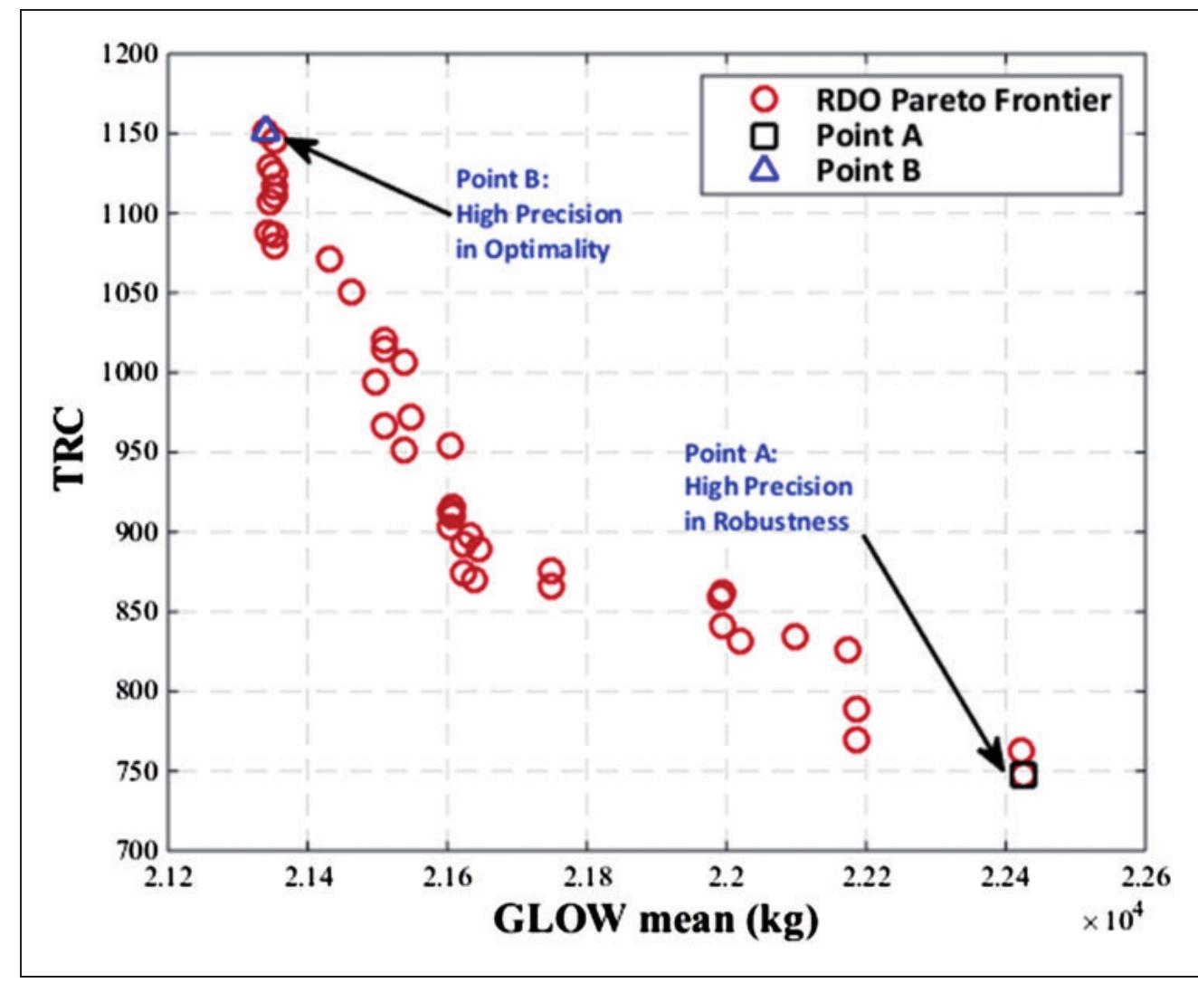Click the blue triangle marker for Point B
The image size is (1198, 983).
coord(264,131)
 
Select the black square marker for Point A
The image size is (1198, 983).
coord(1023,775)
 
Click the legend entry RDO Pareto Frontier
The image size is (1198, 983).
coord(963,100)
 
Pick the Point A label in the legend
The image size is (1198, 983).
coord(869,136)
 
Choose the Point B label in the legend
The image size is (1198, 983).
coord(868,170)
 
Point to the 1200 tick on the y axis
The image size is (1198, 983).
coord(129,54)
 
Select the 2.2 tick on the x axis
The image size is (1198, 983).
coord(727,877)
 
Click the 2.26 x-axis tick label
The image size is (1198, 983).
coord(1145,877)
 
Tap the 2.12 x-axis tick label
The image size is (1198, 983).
coord(169,877)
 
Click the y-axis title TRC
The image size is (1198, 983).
coord(71,450)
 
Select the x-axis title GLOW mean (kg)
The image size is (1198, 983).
coord(656,920)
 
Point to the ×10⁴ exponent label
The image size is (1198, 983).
coord(1112,920)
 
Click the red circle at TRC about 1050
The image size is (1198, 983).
coord(351,292)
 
